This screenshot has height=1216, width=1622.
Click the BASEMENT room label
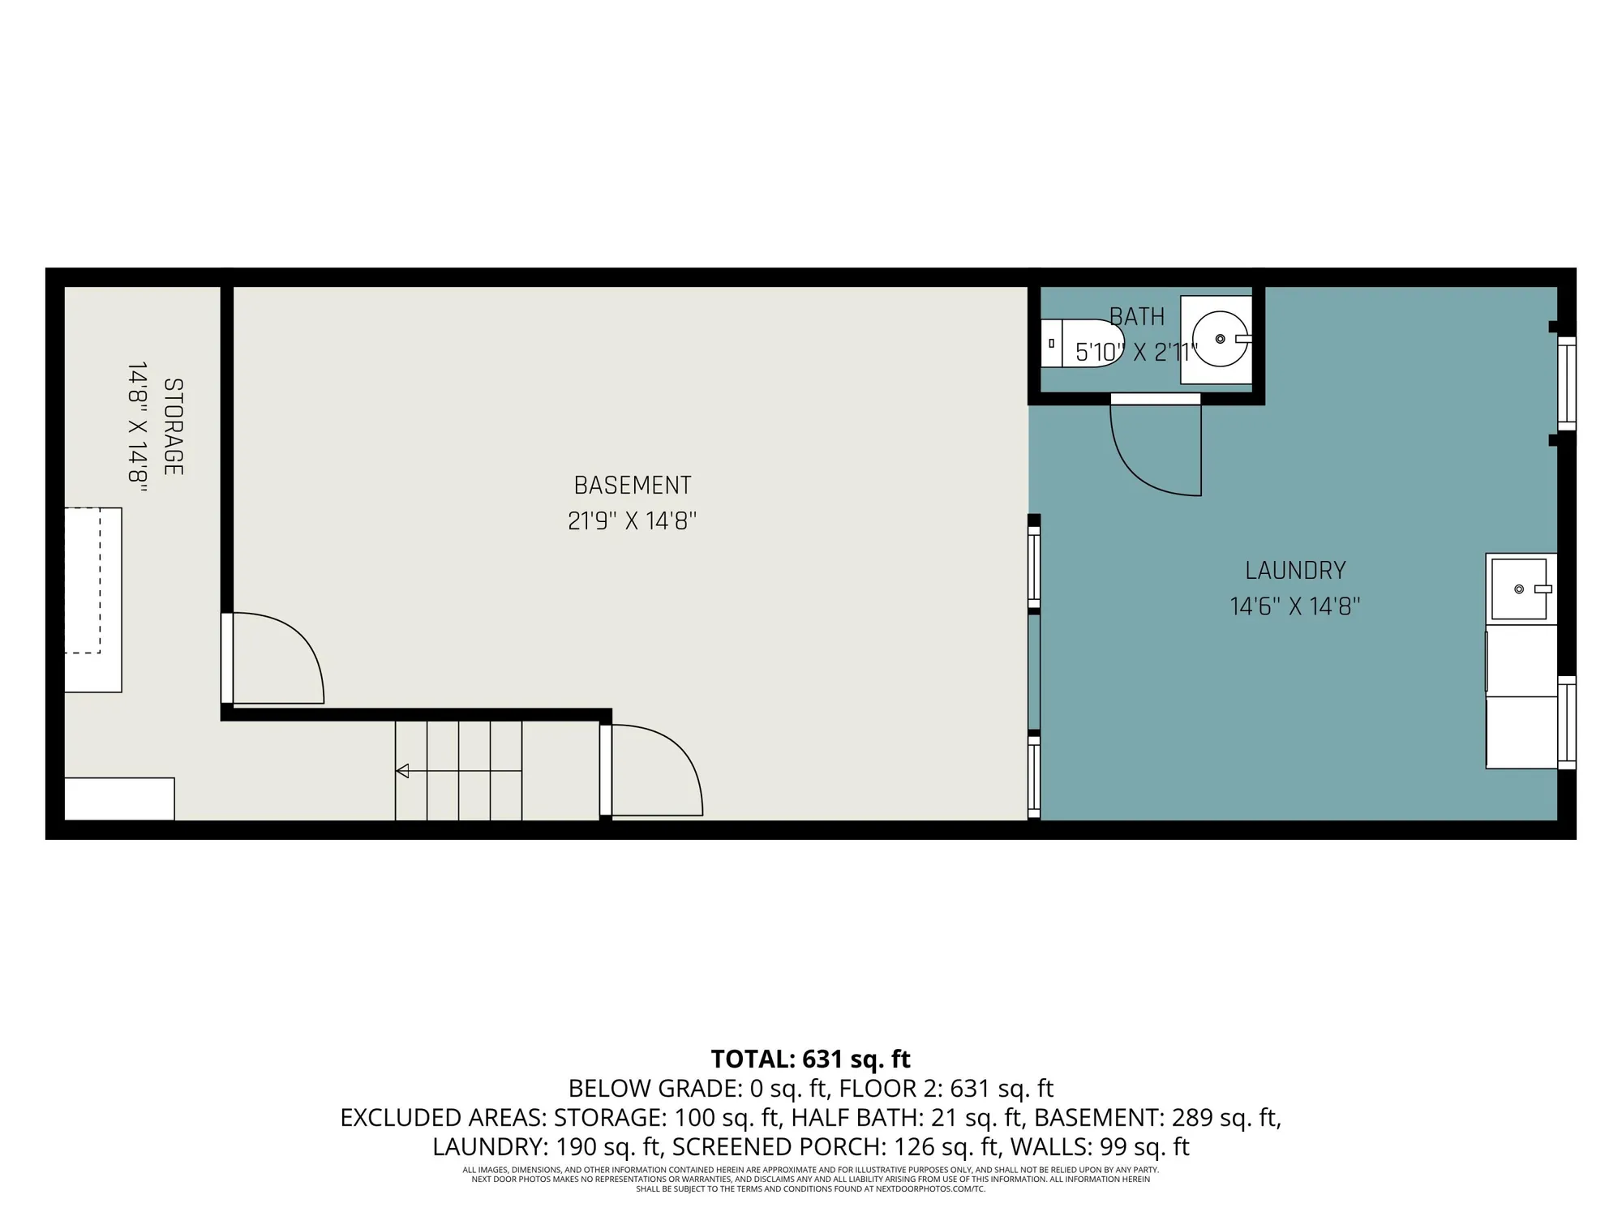click(632, 486)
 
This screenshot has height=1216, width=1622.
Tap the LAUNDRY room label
click(1295, 571)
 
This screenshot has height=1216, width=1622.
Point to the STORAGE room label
click(173, 426)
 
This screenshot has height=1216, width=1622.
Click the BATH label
click(1136, 317)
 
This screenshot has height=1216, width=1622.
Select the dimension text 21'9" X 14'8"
click(632, 520)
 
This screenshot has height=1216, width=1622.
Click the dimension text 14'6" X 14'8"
click(1295, 606)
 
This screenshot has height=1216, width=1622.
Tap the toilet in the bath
click(1082, 343)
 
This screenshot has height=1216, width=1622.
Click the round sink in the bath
click(1220, 339)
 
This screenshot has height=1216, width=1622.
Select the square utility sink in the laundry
click(1519, 589)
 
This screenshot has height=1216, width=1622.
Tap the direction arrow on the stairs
click(402, 771)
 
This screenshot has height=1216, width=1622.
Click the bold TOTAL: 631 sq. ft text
click(810, 1060)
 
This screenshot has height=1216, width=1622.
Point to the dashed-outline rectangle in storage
click(83, 580)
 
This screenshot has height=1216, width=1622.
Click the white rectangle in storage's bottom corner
click(119, 799)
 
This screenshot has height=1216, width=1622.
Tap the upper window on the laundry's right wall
click(1566, 383)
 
